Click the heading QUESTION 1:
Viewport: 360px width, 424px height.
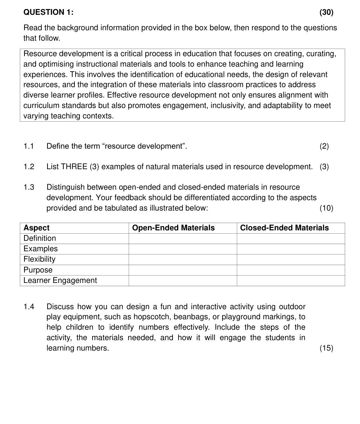pos(48,12)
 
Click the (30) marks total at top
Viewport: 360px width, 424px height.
pos(326,12)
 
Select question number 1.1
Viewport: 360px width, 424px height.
pos(28,146)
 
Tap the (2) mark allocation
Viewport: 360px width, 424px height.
pos(324,146)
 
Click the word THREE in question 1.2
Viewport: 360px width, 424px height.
pos(74,167)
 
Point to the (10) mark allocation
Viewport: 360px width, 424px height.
pos(326,208)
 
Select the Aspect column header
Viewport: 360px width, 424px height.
pos(36,228)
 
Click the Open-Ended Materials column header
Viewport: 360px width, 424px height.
pos(173,228)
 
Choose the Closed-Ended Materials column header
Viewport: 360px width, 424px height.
pos(284,228)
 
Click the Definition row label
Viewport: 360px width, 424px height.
pos(40,238)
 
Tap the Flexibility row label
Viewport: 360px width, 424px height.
pos(39,259)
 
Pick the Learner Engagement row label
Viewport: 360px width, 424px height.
pos(60,280)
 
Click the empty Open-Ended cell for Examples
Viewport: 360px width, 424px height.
pos(183,249)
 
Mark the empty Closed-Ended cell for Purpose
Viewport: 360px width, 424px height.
pos(291,270)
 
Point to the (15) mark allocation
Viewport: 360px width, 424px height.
pos(326,348)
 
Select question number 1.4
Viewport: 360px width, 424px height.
pos(28,307)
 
